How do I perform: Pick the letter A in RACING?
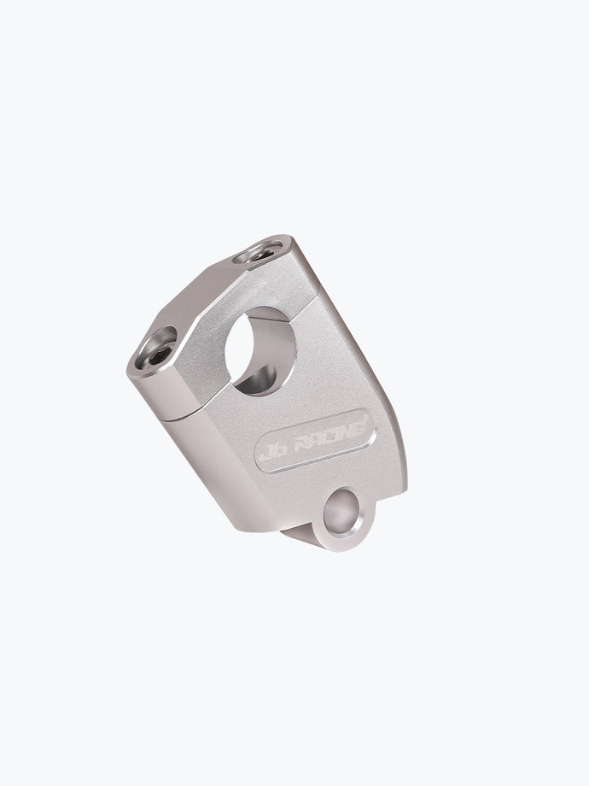coord(314,441)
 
